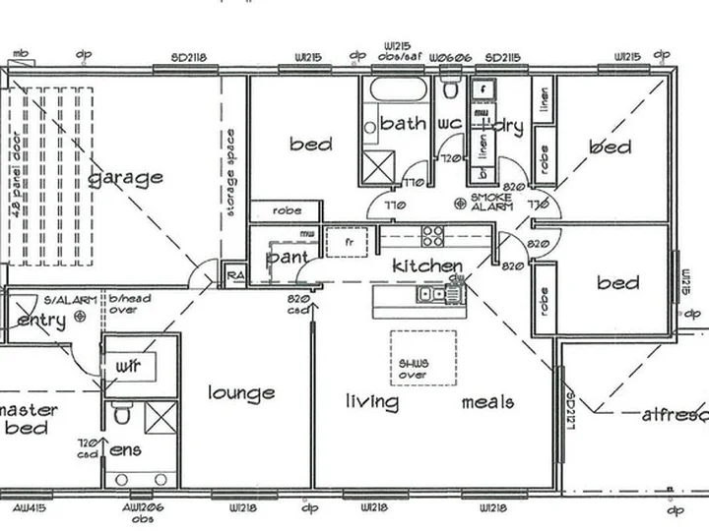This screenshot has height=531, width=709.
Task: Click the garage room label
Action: [126, 178]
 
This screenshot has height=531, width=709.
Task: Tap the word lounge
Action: [241, 393]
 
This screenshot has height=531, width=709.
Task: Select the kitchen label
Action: [427, 266]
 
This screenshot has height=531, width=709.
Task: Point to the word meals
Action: [487, 401]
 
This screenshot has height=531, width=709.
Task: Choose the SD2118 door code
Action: [187, 58]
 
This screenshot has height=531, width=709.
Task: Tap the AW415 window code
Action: [29, 508]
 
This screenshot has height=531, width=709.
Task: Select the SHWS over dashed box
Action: [423, 356]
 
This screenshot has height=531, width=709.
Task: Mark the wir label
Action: [128, 366]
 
